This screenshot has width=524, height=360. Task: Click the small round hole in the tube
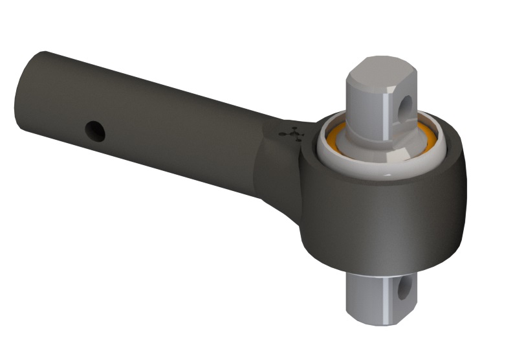click(96, 131)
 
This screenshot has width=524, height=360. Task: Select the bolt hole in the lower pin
click(406, 287)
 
